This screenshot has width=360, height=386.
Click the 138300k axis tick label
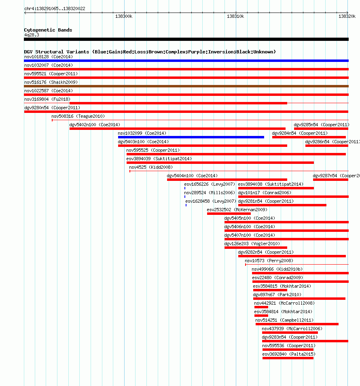(x=124, y=16)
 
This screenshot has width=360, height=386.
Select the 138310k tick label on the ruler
(x=235, y=16)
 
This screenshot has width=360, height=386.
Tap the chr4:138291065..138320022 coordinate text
(x=55, y=8)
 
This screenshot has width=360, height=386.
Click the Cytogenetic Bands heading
(x=48, y=30)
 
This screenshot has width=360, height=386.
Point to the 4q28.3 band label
(x=32, y=35)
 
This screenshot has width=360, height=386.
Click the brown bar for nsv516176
(x=186, y=86)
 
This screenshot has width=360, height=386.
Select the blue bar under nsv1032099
(x=191, y=137)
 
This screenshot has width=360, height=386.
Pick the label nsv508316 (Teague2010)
(x=78, y=116)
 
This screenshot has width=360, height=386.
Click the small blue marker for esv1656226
(x=185, y=188)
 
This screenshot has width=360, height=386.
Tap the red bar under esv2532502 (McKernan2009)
(x=229, y=213)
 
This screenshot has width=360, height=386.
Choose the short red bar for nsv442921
(x=261, y=307)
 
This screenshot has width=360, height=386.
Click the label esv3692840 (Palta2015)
(x=289, y=354)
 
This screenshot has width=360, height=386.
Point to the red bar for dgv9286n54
(x=327, y=146)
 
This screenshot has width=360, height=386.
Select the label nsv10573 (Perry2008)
(x=269, y=261)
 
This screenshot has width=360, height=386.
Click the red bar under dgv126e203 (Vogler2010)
(x=256, y=248)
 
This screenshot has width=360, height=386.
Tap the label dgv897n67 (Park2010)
(x=277, y=295)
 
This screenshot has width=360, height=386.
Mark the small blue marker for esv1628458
(x=186, y=205)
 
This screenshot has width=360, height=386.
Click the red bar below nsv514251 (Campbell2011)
(x=297, y=324)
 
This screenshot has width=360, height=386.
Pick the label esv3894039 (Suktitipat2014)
(x=159, y=159)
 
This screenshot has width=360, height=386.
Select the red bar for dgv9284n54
(x=309, y=137)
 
